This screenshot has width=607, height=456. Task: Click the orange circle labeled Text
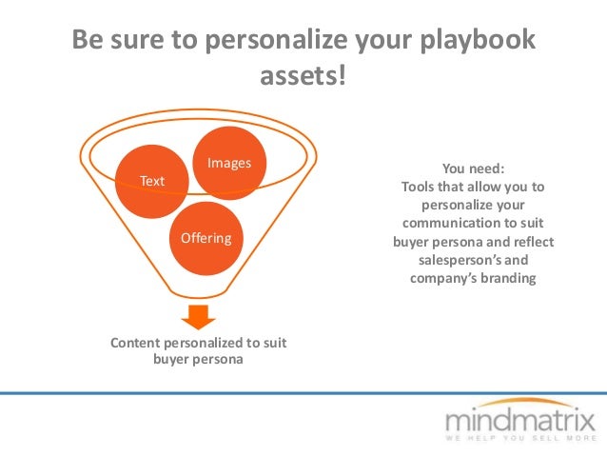(x=151, y=180)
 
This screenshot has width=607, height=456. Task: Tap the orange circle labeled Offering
(x=206, y=238)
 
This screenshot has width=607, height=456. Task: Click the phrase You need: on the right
(x=473, y=168)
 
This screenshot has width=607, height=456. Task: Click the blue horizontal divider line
(x=303, y=392)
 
